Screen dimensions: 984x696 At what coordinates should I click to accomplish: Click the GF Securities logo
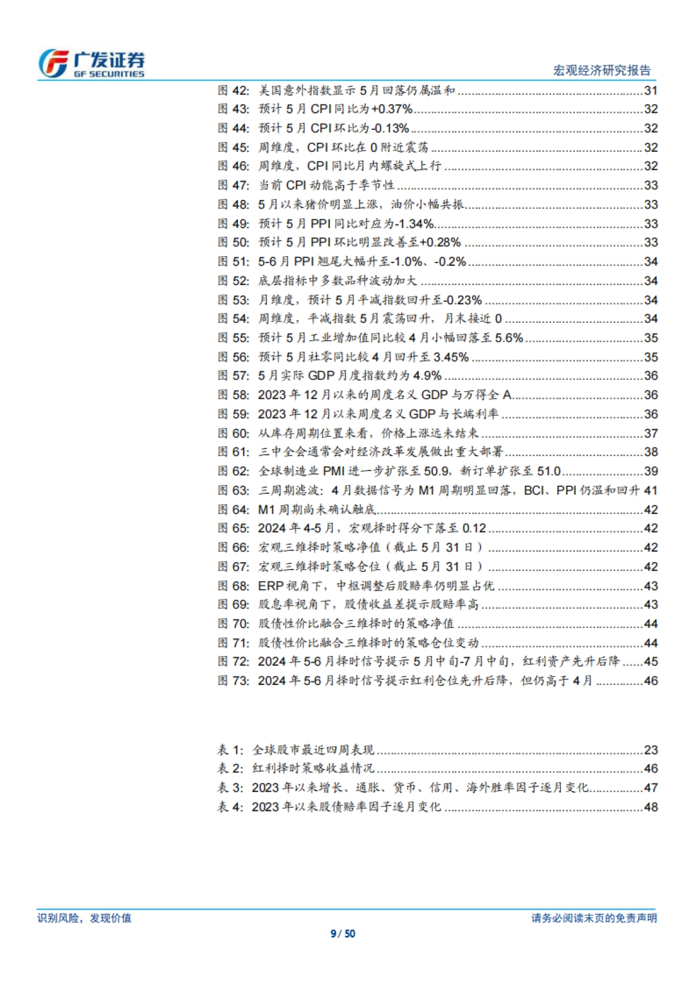[x=92, y=64]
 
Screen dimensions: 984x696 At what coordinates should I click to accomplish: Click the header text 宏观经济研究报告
[x=601, y=71]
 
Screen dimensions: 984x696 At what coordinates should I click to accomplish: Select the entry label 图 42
[x=233, y=90]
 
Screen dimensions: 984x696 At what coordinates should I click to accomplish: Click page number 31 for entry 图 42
[x=651, y=90]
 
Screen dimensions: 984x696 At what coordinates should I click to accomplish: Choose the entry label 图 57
[x=233, y=376]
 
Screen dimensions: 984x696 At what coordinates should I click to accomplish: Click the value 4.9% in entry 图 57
[x=427, y=376]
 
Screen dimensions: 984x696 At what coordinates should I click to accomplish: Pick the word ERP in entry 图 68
[x=271, y=586]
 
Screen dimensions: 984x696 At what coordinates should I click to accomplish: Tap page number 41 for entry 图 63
[x=651, y=490]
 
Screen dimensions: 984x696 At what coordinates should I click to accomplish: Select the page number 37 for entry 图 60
[x=651, y=433]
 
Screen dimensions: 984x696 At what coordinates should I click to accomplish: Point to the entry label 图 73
[x=233, y=681]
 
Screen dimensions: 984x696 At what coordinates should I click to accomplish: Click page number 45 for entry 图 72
[x=651, y=662]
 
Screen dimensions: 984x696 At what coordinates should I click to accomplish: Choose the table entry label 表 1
[x=230, y=750]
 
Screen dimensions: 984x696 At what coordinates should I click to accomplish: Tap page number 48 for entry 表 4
[x=651, y=807]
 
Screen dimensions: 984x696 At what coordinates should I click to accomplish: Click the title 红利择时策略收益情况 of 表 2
[x=313, y=769]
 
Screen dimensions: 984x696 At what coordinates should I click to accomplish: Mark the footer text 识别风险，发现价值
[x=84, y=919]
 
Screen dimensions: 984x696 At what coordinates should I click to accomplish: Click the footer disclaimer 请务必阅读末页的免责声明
[x=594, y=919]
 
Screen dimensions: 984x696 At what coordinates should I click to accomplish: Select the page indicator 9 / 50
[x=343, y=934]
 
